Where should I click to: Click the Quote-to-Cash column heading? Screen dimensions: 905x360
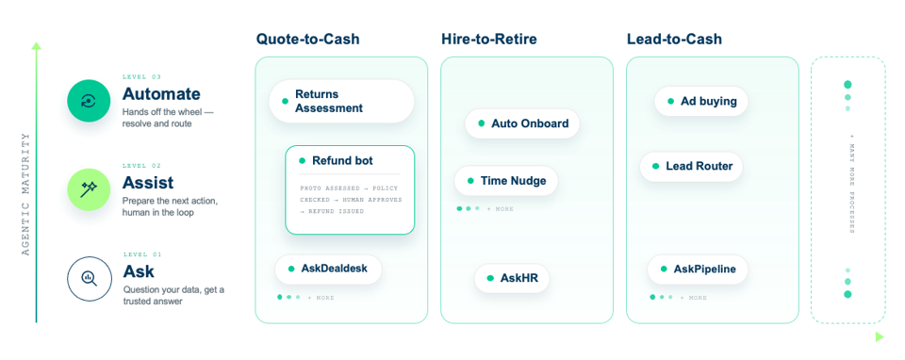click(307, 40)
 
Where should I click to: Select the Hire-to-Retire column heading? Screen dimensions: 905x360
click(489, 40)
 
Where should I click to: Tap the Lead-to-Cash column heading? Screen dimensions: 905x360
click(674, 40)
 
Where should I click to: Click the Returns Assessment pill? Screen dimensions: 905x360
click(341, 101)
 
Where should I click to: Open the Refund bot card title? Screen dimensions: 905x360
click(342, 160)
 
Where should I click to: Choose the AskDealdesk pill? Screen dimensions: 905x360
click(328, 269)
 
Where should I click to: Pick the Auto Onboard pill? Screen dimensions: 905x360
click(522, 123)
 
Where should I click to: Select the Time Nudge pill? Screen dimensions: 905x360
click(506, 181)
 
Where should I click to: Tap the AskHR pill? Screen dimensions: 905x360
click(512, 278)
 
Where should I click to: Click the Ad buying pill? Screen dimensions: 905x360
click(701, 101)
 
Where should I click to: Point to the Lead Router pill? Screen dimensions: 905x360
click(691, 166)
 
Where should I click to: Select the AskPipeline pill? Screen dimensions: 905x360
click(698, 269)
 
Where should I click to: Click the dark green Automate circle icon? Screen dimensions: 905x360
click(89, 101)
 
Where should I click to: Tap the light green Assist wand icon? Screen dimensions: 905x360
click(89, 189)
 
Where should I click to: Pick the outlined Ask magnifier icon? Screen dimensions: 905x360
click(89, 279)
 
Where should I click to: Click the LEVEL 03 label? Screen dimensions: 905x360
click(142, 76)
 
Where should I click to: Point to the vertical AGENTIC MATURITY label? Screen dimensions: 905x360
click(25, 194)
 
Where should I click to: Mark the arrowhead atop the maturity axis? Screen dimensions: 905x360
click(37, 45)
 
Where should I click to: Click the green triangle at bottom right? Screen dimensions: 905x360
click(880, 336)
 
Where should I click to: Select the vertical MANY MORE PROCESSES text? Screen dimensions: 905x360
click(852, 184)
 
